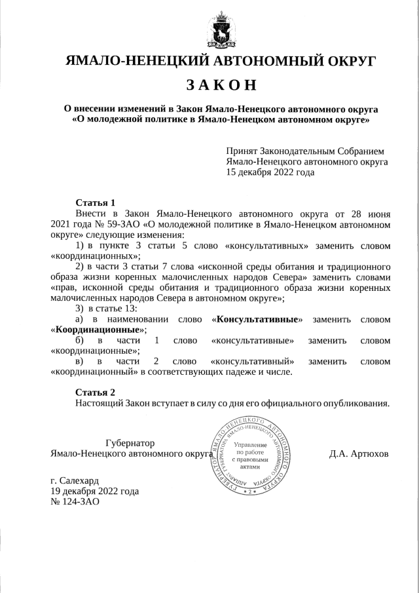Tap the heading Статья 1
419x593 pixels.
pos(96,202)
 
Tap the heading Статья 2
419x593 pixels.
pos(96,392)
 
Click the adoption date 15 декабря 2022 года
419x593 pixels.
pos(270,172)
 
